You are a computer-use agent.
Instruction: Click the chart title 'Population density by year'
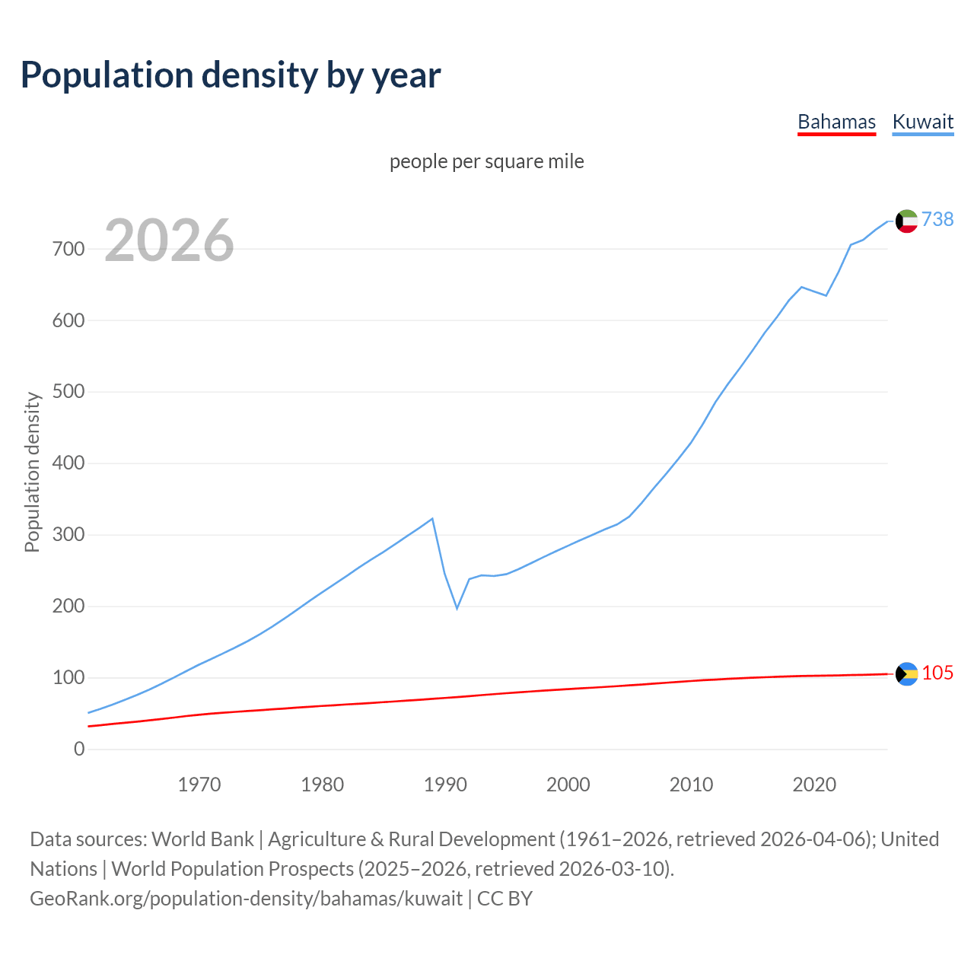click(x=231, y=75)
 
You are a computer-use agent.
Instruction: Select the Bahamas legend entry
click(x=836, y=122)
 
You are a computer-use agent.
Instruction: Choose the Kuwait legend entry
click(x=922, y=122)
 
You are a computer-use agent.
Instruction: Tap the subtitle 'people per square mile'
click(x=487, y=162)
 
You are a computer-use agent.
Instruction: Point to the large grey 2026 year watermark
click(x=169, y=240)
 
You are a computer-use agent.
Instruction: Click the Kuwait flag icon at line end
click(x=906, y=221)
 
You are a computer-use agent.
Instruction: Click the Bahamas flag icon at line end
click(x=906, y=673)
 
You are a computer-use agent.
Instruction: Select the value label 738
click(x=937, y=219)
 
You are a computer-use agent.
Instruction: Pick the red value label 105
click(x=937, y=673)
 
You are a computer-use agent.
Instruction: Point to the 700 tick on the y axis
click(x=68, y=249)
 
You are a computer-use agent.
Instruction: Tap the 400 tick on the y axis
click(x=68, y=463)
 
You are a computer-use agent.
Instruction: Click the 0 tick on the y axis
click(x=79, y=750)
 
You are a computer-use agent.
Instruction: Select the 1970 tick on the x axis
click(x=199, y=785)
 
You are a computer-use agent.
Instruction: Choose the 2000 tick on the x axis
click(x=568, y=785)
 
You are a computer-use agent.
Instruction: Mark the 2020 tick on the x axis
click(x=814, y=785)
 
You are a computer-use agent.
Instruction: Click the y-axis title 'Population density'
click(x=32, y=472)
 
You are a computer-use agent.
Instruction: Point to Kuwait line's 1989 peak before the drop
click(x=432, y=519)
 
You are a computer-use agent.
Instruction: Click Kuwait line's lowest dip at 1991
click(x=457, y=608)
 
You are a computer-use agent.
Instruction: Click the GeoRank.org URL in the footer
click(x=246, y=899)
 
